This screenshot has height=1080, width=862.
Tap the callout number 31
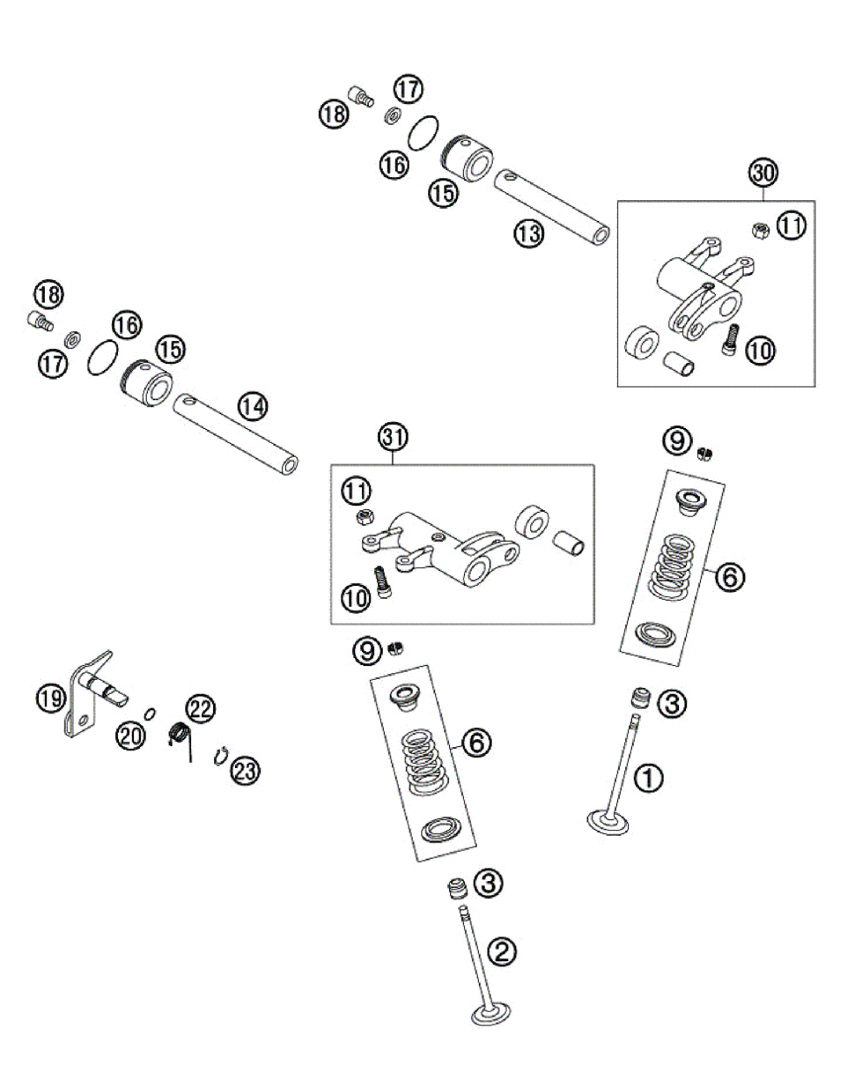pyautogui.click(x=393, y=436)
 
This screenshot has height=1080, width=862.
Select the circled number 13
pyautogui.click(x=529, y=233)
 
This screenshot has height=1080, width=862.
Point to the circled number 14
pyautogui.click(x=253, y=406)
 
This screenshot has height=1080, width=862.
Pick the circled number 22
pyautogui.click(x=200, y=707)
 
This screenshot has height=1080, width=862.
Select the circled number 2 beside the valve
pyautogui.click(x=501, y=951)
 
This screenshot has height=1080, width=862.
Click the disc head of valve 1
pyautogui.click(x=608, y=823)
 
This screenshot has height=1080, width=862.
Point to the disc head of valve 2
pyautogui.click(x=492, y=1016)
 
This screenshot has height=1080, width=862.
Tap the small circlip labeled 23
pyautogui.click(x=222, y=755)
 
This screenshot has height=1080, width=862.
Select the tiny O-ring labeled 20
pyautogui.click(x=151, y=713)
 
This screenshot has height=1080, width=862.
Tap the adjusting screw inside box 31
pyautogui.click(x=382, y=583)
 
